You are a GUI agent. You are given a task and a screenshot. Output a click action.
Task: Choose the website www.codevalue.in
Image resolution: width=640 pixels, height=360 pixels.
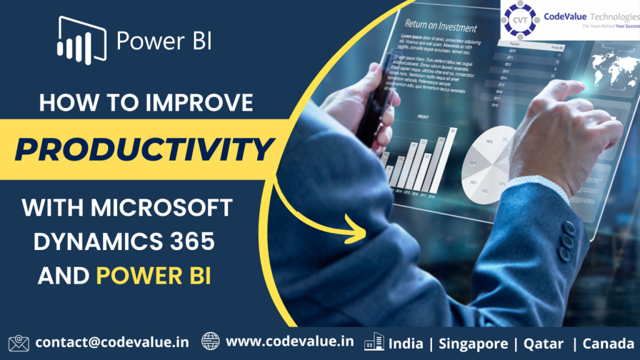290,342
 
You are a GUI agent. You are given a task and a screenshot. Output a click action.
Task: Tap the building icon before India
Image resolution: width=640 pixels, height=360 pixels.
374,342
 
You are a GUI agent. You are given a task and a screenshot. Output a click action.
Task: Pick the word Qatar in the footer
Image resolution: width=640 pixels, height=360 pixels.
544,342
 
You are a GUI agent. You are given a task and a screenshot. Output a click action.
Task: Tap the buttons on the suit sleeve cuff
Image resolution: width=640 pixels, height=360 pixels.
567,237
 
